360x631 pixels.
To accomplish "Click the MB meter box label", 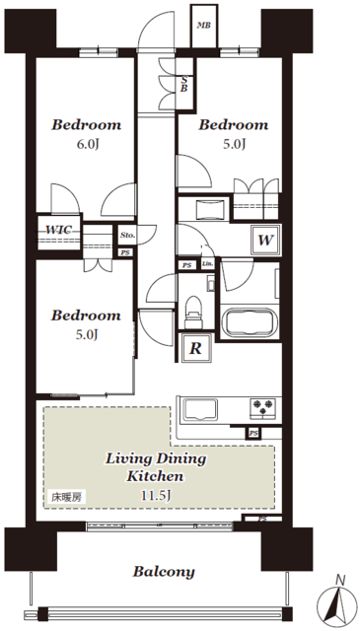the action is (x=204, y=26).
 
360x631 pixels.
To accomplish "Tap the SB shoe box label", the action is (x=183, y=85).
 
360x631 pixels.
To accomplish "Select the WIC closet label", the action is (x=59, y=230).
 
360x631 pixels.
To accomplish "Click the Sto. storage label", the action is (x=127, y=236).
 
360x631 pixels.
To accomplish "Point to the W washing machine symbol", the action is (x=265, y=241).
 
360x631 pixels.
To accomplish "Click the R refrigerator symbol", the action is (x=195, y=348).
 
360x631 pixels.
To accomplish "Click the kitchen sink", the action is (x=200, y=410).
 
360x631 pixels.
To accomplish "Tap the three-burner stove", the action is (x=263, y=409).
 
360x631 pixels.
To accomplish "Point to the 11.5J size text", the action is (x=157, y=495).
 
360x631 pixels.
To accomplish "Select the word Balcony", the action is (x=164, y=572).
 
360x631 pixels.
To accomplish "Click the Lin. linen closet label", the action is (x=208, y=265).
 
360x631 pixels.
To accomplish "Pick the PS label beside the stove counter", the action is (x=253, y=434).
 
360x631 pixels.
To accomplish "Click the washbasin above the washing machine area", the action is (x=209, y=209).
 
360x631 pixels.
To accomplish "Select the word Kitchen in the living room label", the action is (x=156, y=477).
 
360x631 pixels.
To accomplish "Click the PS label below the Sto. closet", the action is (x=125, y=253).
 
